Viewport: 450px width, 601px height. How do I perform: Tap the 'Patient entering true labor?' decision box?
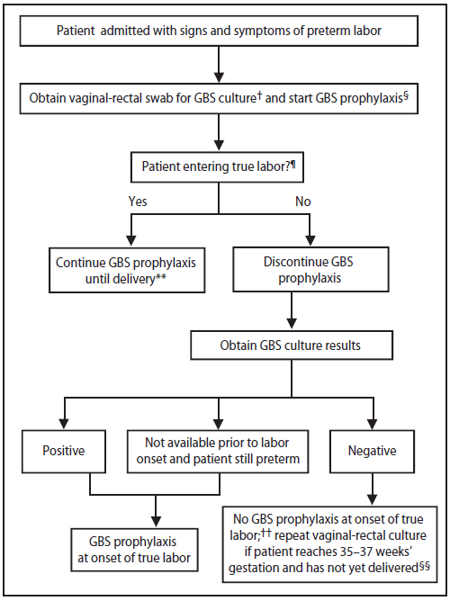220,166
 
